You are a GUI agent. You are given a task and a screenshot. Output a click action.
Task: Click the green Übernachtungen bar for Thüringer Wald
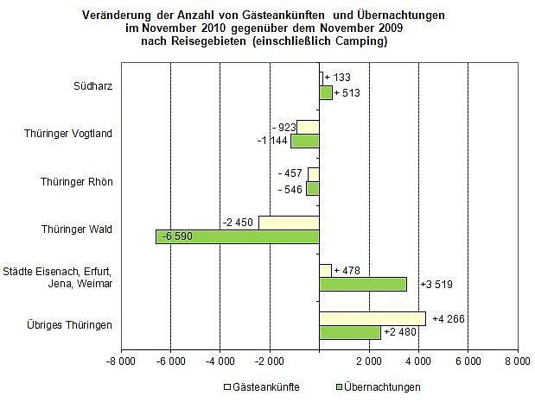click(238, 236)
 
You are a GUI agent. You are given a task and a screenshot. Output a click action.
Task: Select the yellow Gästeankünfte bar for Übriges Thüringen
click(373, 318)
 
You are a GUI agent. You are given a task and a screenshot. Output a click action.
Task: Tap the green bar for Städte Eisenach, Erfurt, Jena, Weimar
click(363, 284)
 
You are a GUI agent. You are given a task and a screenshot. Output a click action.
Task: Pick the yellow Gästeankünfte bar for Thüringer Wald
click(289, 223)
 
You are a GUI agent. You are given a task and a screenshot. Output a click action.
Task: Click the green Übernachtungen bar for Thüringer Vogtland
click(305, 141)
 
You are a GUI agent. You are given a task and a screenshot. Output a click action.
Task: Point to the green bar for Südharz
click(326, 93)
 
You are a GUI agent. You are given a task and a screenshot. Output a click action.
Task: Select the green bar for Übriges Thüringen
click(350, 332)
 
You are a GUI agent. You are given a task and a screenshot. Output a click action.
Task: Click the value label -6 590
click(175, 236)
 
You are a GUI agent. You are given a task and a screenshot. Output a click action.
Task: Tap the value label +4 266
click(447, 318)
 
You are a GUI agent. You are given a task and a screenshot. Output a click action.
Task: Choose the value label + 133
click(339, 79)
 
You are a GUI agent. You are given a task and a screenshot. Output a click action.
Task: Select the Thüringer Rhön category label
click(83, 181)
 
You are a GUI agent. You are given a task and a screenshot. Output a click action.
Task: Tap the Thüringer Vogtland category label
click(76, 133)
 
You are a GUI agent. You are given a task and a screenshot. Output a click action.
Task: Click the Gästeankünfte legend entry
click(263, 386)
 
